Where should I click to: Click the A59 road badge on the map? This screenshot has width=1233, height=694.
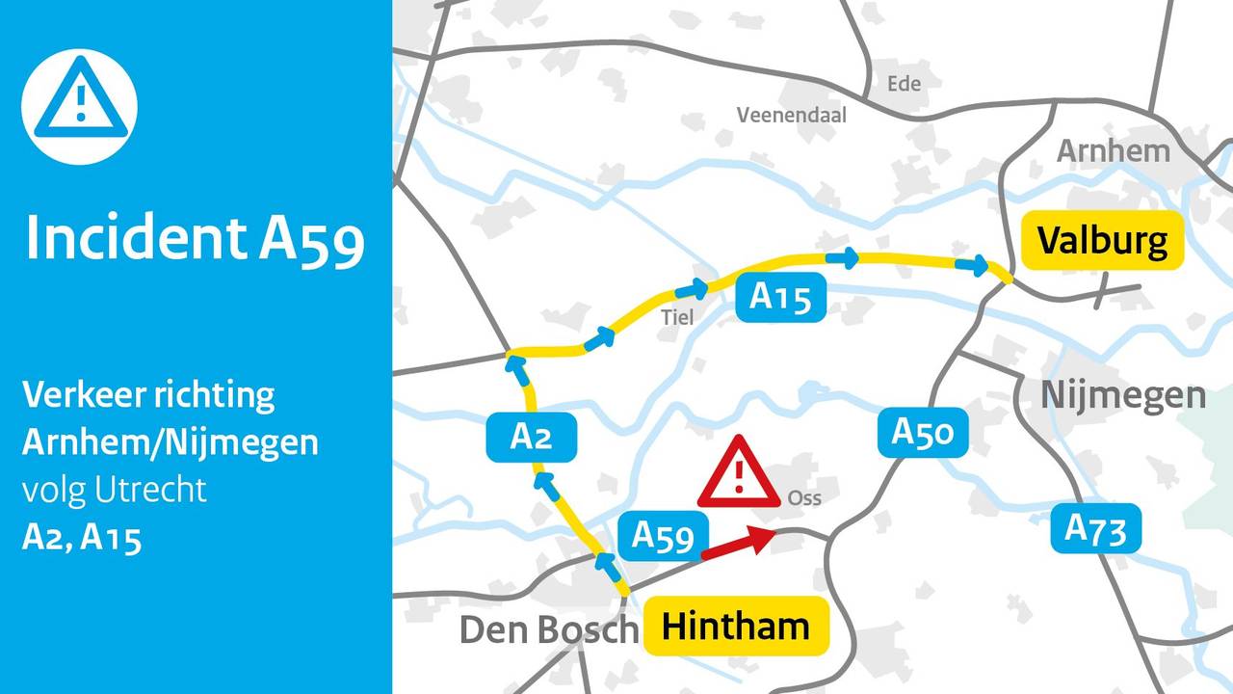pyautogui.click(x=663, y=536)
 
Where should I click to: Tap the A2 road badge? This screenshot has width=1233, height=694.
pyautogui.click(x=531, y=437)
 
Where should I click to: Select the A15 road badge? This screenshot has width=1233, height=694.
pyautogui.click(x=780, y=297)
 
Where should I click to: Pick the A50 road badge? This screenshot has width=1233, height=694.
pyautogui.click(x=921, y=432)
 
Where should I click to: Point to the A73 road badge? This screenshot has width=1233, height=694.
pyautogui.click(x=1095, y=527)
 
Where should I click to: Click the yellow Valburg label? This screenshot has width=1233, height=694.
pyautogui.click(x=1101, y=240)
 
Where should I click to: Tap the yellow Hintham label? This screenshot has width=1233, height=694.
pyautogui.click(x=736, y=627)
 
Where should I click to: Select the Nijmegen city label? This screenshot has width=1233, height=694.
pyautogui.click(x=1122, y=394)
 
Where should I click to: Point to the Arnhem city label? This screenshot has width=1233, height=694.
pyautogui.click(x=1113, y=151)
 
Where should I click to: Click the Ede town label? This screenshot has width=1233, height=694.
pyautogui.click(x=904, y=84)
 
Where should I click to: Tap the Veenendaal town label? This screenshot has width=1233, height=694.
pyautogui.click(x=791, y=115)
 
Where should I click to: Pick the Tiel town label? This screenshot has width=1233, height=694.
pyautogui.click(x=677, y=316)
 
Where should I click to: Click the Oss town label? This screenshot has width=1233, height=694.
pyautogui.click(x=804, y=498)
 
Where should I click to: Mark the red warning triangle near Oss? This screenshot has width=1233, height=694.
pyautogui.click(x=738, y=473)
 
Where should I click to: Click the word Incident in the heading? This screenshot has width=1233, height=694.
pyautogui.click(x=135, y=236)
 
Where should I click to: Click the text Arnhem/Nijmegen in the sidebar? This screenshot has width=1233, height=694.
pyautogui.click(x=171, y=441)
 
